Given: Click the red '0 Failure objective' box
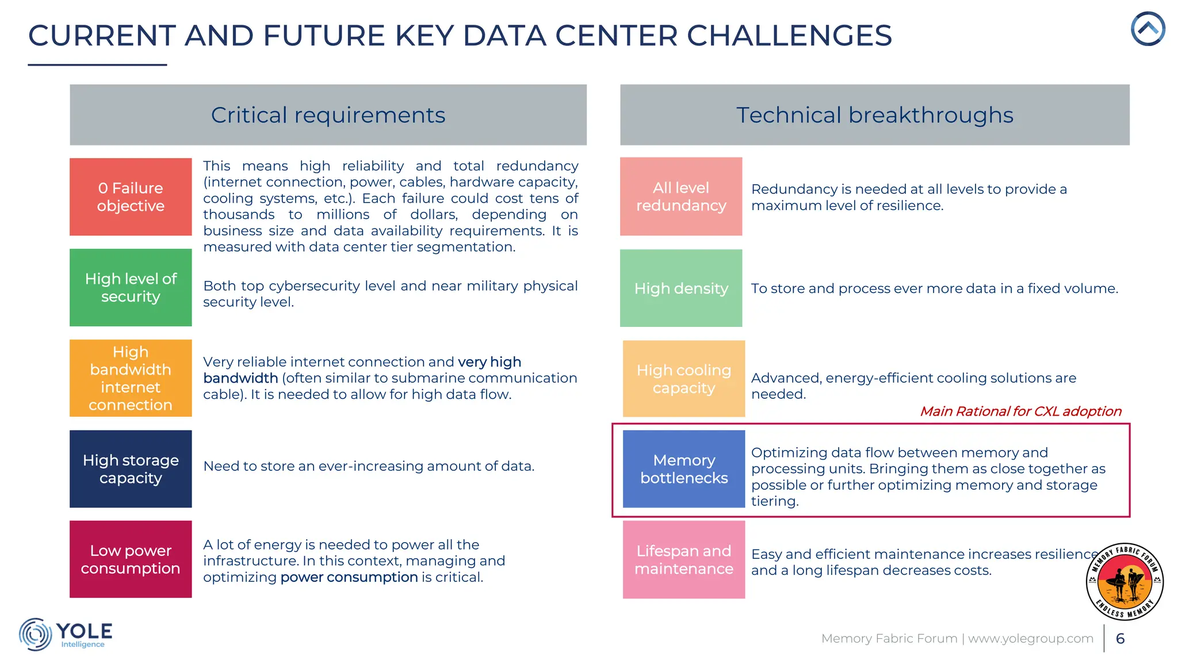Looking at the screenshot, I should click(x=131, y=197).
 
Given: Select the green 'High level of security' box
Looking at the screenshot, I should click(x=131, y=287).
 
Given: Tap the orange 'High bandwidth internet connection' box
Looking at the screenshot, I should click(x=131, y=378).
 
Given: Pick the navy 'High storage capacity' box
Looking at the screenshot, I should click(x=131, y=468).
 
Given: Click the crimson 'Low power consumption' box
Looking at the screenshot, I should click(x=131, y=559).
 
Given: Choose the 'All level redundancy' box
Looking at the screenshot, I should click(x=681, y=196).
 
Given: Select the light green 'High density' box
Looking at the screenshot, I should click(x=681, y=288).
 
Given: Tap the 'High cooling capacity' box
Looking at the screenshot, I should click(x=684, y=379).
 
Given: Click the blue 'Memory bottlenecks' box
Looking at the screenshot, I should click(x=684, y=468).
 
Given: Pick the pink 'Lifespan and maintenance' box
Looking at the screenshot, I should click(x=684, y=559).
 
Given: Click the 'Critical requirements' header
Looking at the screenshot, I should click(x=328, y=115).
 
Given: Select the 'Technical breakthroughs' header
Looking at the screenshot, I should click(x=874, y=115).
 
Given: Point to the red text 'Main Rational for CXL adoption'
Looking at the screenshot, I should click(x=1020, y=411).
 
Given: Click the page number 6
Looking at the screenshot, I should click(x=1120, y=638).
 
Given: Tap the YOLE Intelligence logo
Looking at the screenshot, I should click(x=66, y=634).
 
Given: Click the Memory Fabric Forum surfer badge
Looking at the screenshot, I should click(x=1125, y=581).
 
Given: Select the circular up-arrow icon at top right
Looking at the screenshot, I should click(x=1148, y=29).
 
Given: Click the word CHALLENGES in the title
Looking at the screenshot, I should click(x=789, y=36).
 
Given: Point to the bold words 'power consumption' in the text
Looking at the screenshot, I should click(x=349, y=577).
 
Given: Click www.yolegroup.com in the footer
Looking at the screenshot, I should click(x=1031, y=638).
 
